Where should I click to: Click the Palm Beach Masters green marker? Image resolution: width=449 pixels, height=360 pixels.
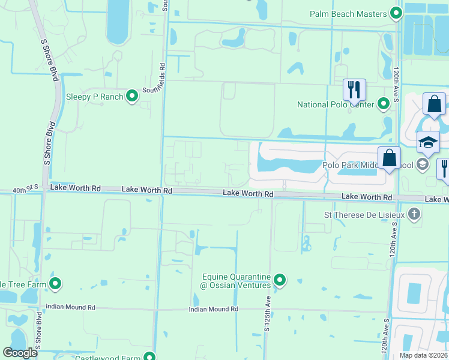coord(396,13)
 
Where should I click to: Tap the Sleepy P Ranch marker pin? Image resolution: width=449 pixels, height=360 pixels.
coord(133,97)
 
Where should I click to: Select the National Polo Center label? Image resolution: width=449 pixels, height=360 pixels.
coord(336,104)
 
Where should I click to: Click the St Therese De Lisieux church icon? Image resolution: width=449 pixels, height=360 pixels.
coord(414,214)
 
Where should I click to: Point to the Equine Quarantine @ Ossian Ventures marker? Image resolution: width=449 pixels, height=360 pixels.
coord(280,280)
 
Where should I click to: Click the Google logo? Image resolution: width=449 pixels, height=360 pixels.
coord(20,353)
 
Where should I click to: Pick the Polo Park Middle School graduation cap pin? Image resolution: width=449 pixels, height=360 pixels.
coord(428,143)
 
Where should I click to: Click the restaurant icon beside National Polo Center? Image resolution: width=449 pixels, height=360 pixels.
coord(354,90)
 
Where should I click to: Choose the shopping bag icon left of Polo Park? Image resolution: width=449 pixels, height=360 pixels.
coord(389,159)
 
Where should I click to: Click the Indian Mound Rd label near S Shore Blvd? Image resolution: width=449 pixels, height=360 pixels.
coord(70,307)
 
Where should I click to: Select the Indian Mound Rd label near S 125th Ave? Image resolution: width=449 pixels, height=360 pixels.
coord(213,309)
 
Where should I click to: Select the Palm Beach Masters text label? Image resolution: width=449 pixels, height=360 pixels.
coord(348,13)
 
